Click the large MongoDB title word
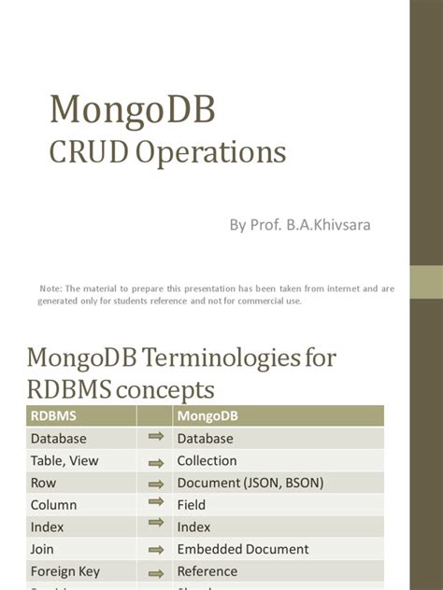(132, 110)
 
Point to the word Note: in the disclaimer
(50, 288)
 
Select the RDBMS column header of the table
(53, 416)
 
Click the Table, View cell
(64, 460)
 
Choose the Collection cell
(207, 460)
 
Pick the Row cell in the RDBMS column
(43, 483)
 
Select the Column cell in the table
(53, 505)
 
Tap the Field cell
(192, 505)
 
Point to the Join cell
(42, 549)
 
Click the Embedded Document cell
(242, 549)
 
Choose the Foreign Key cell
(64, 571)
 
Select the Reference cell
(207, 571)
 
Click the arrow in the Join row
(155, 549)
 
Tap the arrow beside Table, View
(155, 460)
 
